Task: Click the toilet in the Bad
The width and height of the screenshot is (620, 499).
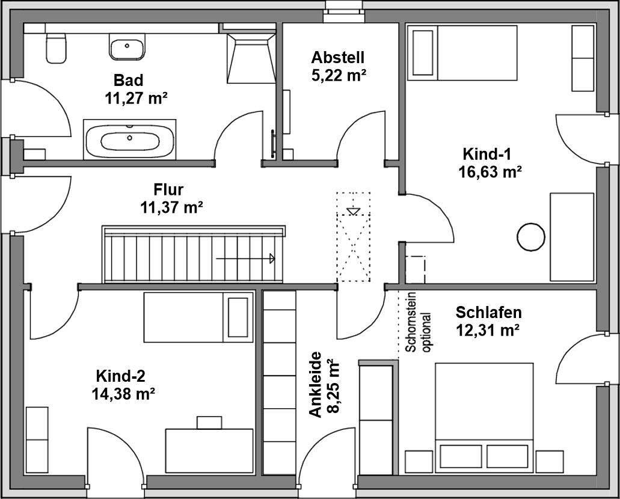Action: [55, 48]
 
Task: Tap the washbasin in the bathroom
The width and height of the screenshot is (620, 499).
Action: [126, 46]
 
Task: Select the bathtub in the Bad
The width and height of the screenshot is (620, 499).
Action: [130, 139]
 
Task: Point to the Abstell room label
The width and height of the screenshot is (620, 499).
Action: [338, 58]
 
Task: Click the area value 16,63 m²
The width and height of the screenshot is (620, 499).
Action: [490, 172]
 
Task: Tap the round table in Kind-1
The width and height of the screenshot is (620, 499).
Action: [532, 236]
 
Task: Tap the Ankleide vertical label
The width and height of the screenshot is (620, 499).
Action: [316, 385]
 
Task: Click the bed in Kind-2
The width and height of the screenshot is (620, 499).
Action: [198, 317]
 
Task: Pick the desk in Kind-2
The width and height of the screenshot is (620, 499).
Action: [209, 451]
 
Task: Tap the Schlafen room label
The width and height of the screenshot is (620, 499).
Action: [488, 313]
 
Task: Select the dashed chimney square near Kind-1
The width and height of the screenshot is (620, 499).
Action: [415, 269]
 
